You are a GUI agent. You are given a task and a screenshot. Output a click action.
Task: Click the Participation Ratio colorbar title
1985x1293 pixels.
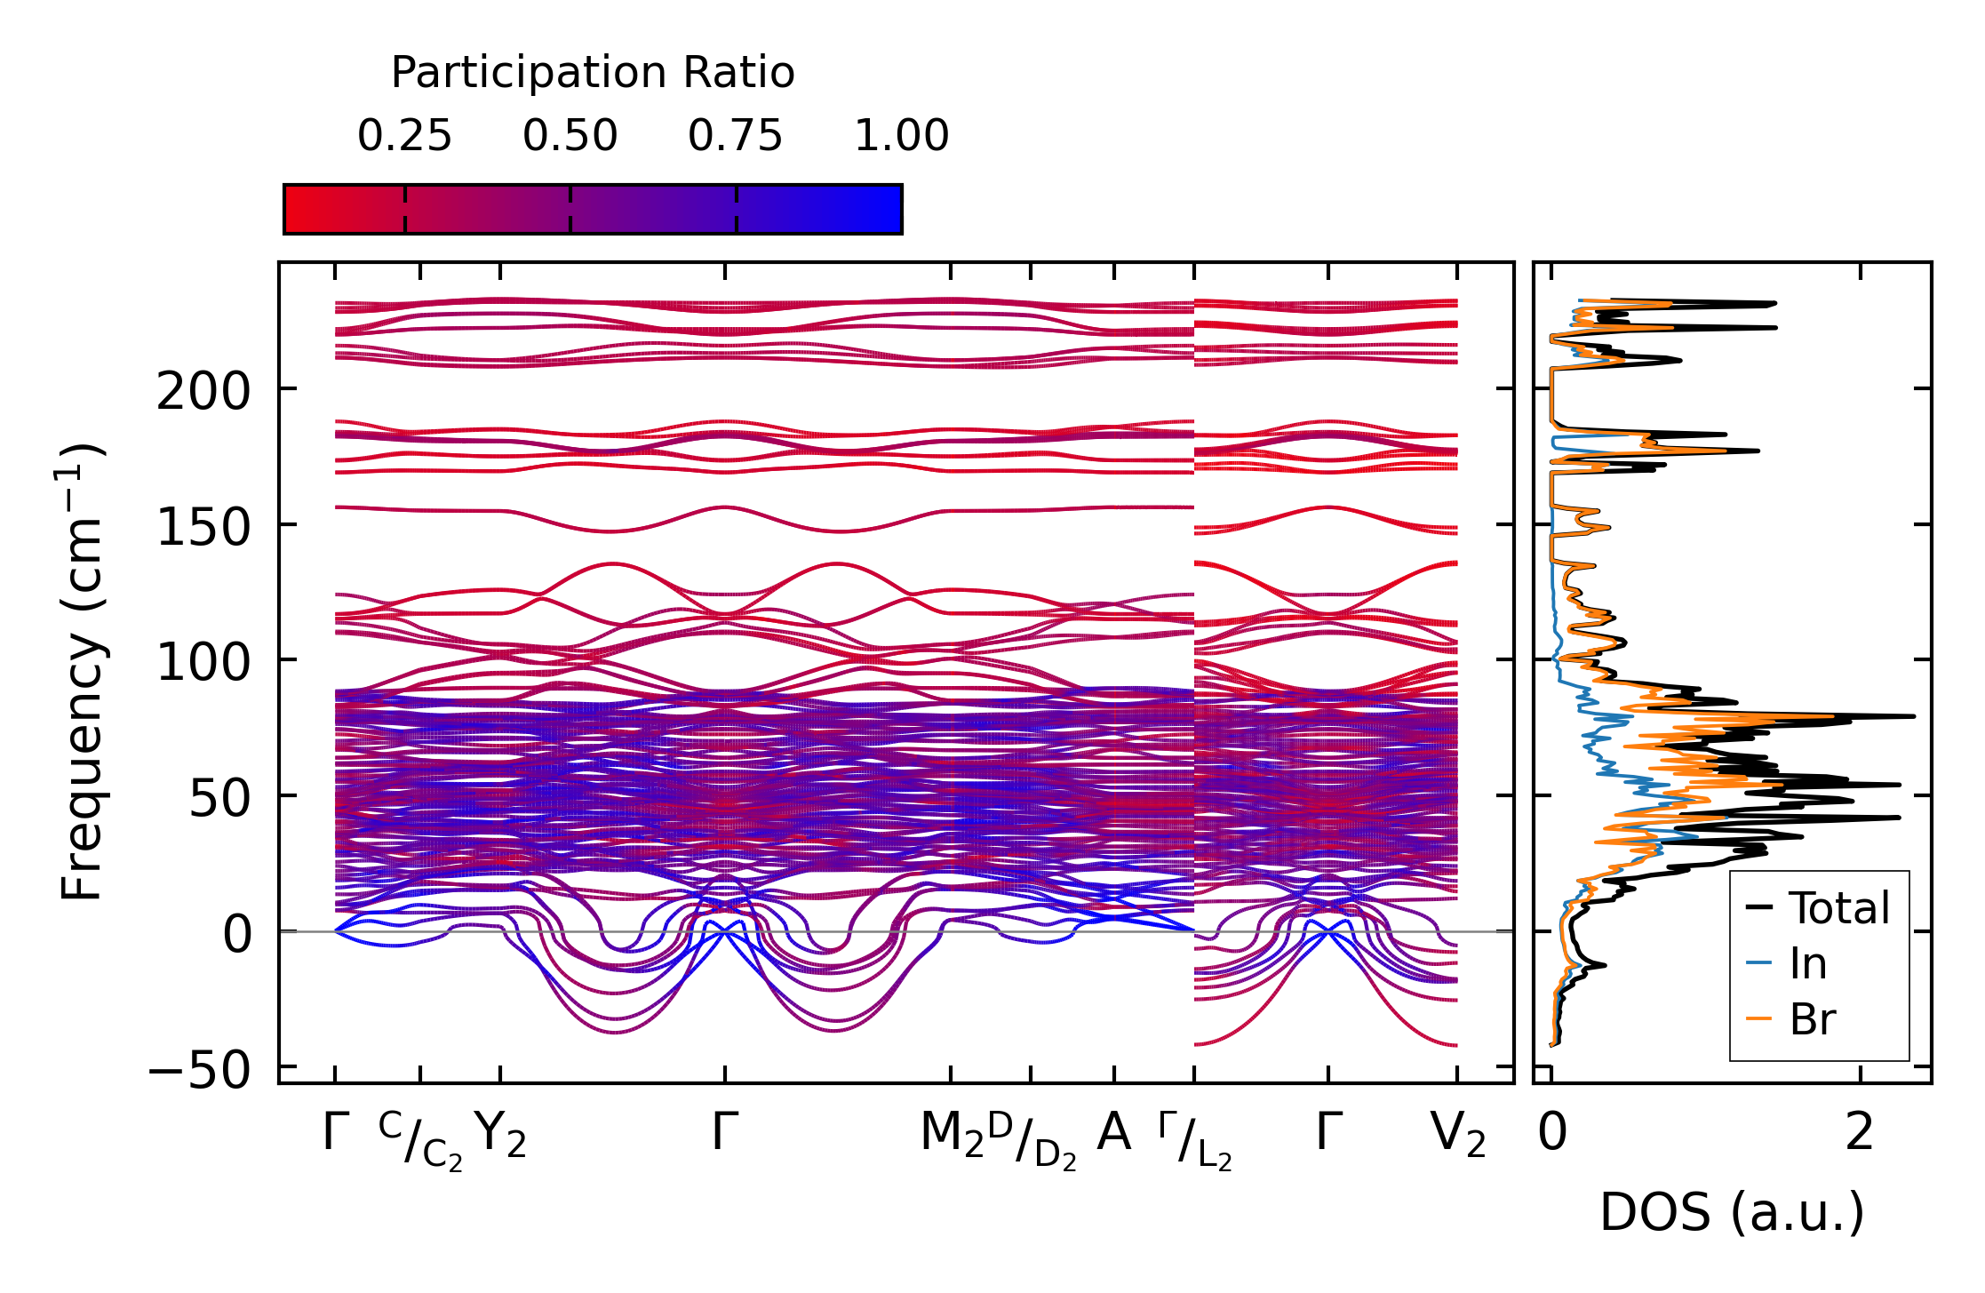click(593, 73)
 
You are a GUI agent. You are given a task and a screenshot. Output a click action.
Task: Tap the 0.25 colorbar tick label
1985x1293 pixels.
click(404, 137)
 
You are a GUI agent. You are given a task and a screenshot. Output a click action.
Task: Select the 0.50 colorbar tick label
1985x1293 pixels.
click(570, 137)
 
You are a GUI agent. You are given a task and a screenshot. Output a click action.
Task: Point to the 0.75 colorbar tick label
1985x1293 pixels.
click(736, 137)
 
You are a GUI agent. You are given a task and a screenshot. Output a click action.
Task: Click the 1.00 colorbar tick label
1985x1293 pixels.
click(901, 137)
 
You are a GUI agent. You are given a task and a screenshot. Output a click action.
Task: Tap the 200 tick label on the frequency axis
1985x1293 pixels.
click(204, 391)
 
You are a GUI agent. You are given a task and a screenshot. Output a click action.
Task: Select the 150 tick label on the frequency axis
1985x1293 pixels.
click(204, 527)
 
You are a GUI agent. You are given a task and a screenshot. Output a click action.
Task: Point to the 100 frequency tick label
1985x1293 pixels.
click(204, 662)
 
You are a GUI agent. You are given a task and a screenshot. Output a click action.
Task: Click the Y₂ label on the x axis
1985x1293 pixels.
click(500, 1135)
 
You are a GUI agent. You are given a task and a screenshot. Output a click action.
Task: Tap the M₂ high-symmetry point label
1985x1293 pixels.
click(952, 1135)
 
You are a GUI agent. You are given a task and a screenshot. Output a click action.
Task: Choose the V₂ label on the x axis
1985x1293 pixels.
click(1458, 1135)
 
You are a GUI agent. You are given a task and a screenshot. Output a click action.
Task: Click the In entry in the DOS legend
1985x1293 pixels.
click(1808, 963)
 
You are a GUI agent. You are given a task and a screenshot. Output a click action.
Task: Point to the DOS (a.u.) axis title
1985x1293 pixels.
click(1732, 1213)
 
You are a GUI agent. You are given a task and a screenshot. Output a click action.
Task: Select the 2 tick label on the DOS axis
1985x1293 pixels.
click(1859, 1133)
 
